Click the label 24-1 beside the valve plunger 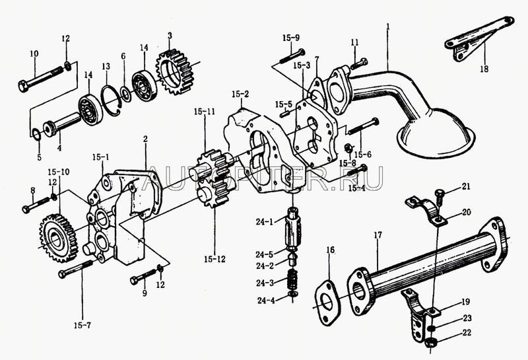tap(259, 221)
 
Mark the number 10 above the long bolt tap(34, 53)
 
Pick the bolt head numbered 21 tap(439, 194)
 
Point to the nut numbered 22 tap(430, 342)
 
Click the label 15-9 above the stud tap(291, 37)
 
